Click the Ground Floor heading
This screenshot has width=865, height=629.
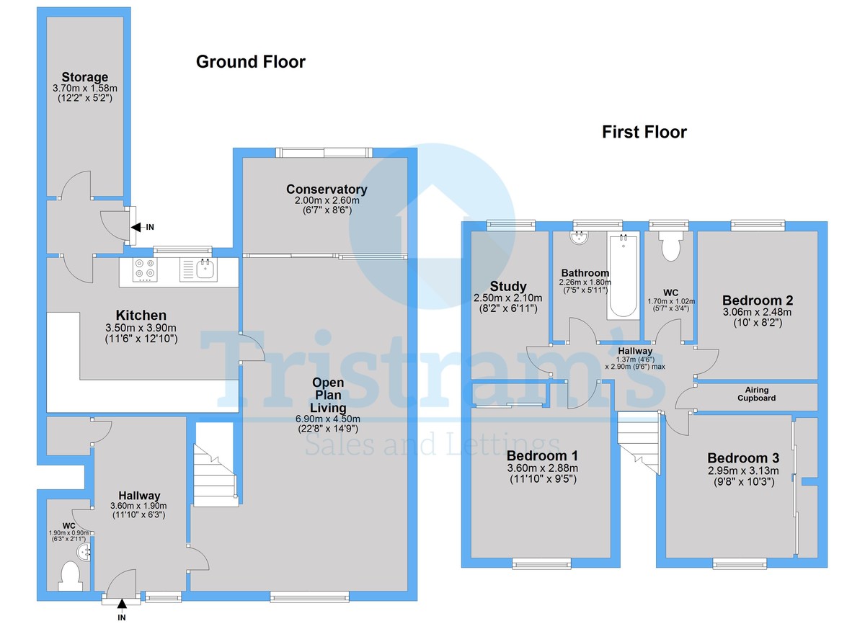[250, 63]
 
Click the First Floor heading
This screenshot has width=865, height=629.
[644, 132]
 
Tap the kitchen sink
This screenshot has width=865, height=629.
[204, 269]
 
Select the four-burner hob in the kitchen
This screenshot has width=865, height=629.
[145, 269]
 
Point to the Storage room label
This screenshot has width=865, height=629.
[84, 77]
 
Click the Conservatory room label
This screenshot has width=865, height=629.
[327, 189]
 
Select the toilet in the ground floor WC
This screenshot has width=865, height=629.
[71, 576]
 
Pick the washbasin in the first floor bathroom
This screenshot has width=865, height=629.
[580, 236]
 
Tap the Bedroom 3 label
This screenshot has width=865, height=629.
[743, 458]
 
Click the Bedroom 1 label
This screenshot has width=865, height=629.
[541, 456]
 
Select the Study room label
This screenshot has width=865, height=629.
[509, 286]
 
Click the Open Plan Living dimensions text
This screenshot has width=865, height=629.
[328, 423]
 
